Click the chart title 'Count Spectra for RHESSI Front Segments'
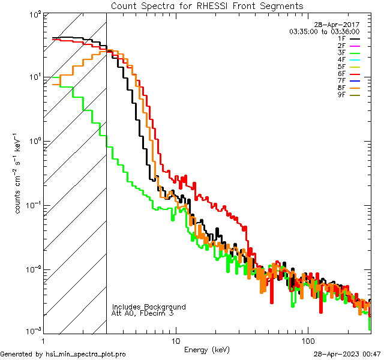[207, 6]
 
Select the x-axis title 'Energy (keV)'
[207, 349]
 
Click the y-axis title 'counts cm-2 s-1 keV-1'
[19, 174]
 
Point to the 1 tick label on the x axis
[44, 341]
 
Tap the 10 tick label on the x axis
[175, 341]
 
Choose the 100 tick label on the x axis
[307, 341]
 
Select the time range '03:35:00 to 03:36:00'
[324, 31]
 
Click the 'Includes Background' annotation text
[149, 307]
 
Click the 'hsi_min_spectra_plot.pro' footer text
[86, 354]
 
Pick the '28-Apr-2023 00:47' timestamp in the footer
[348, 354]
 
